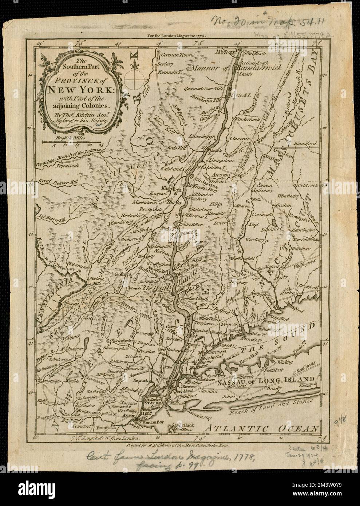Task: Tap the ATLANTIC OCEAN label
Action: (x=261, y=428)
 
